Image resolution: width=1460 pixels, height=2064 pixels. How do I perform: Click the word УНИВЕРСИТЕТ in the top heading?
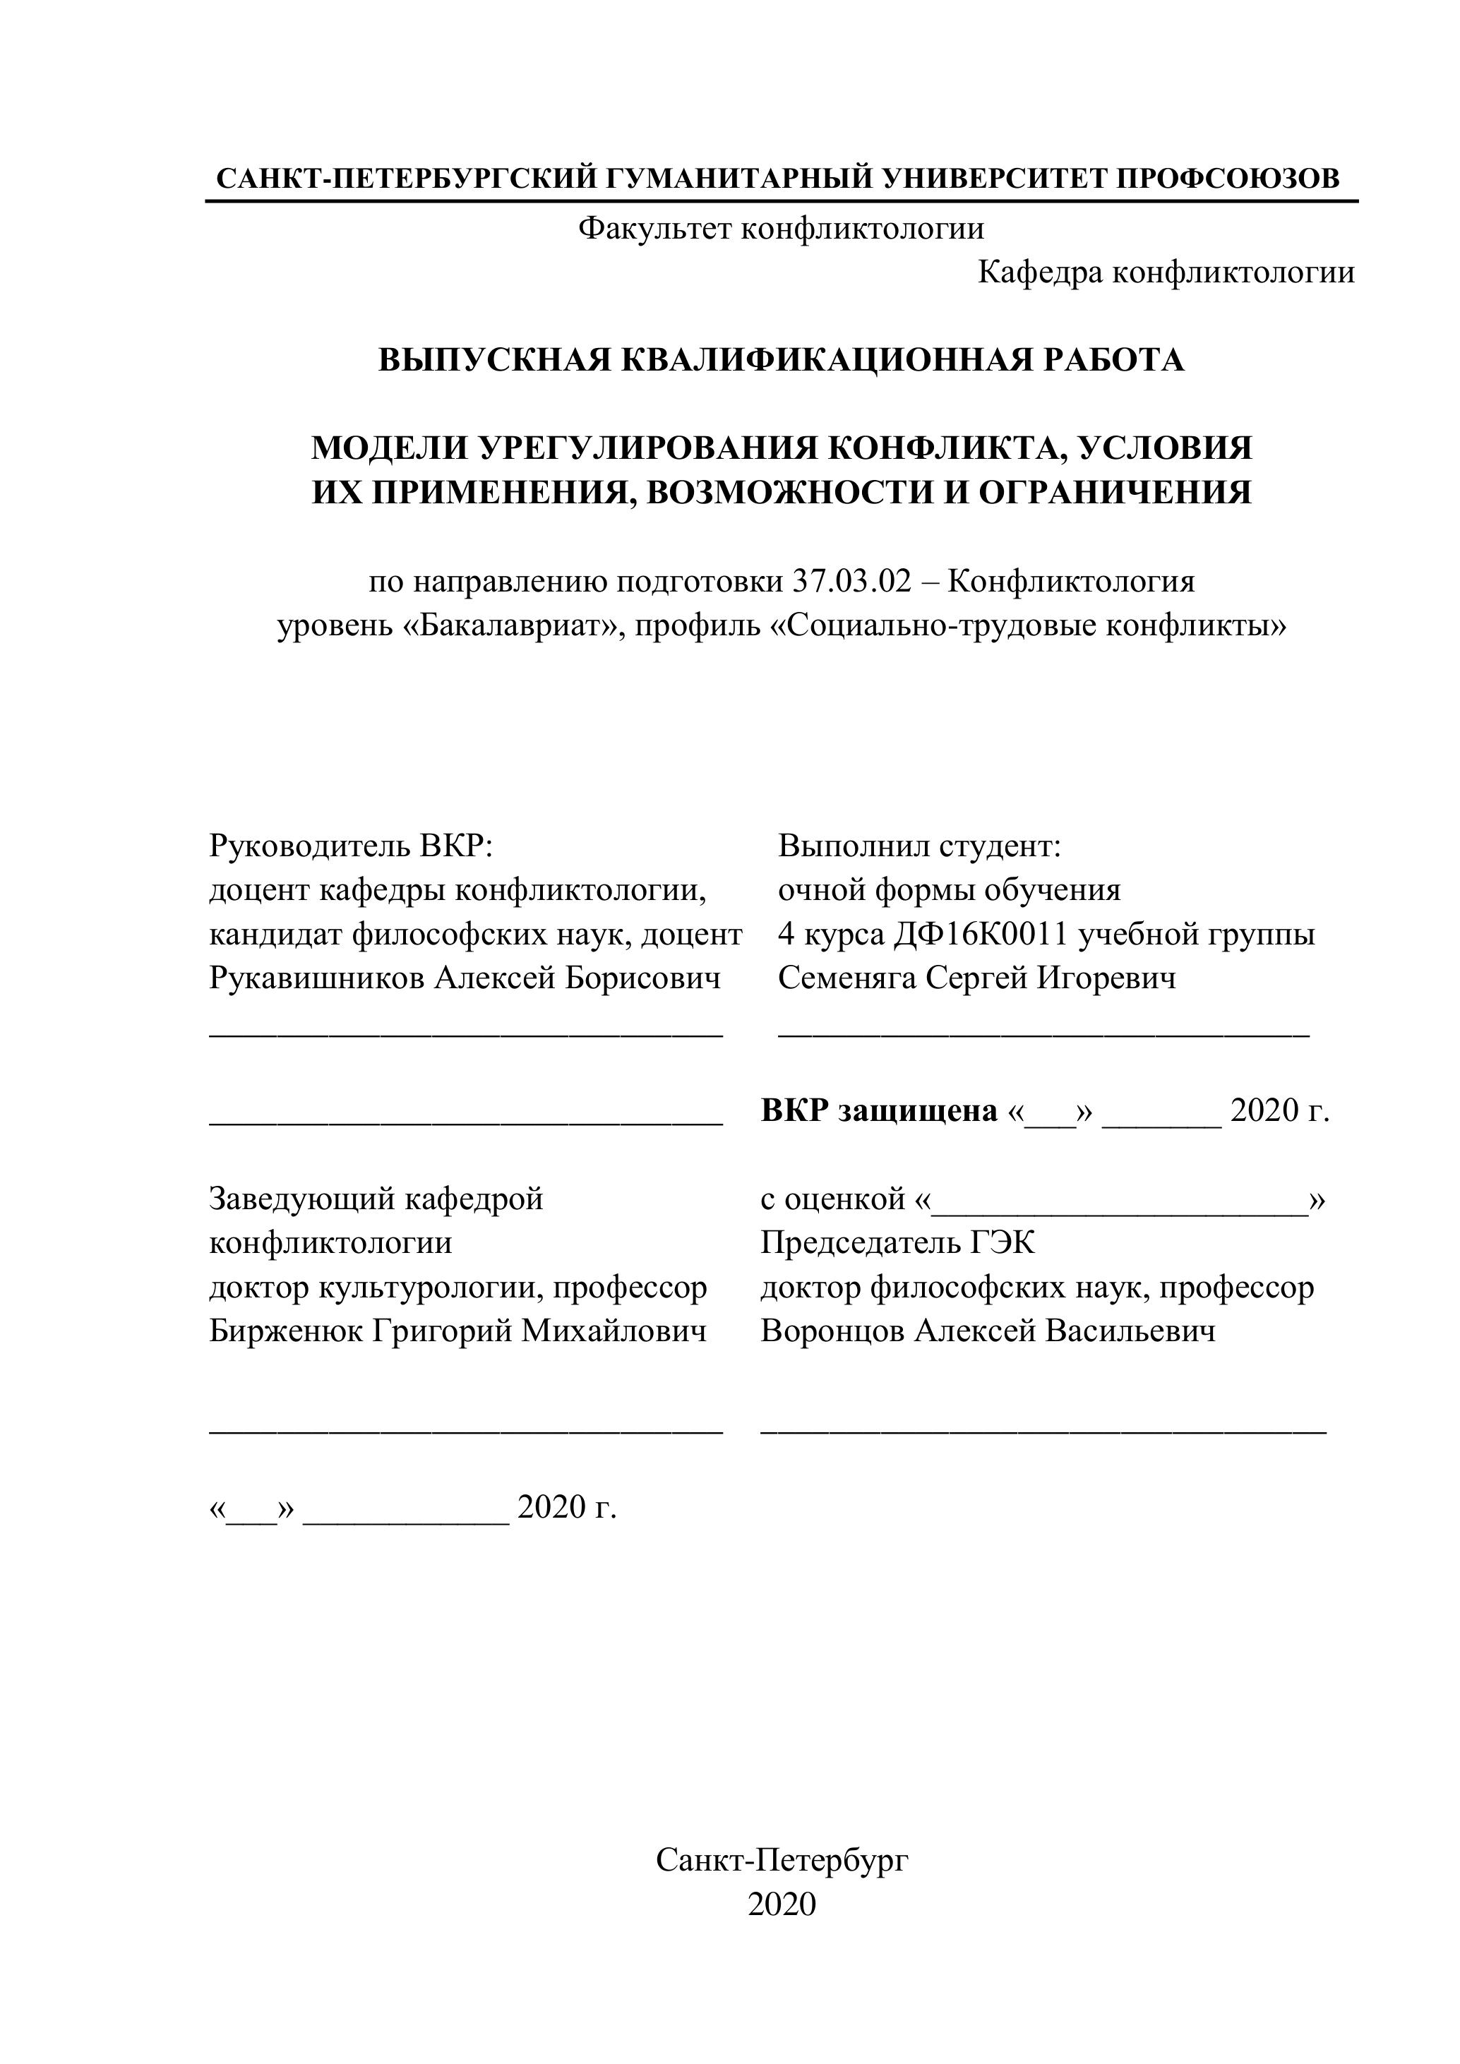(993, 178)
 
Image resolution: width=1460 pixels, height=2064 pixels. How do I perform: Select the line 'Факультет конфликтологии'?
(780, 228)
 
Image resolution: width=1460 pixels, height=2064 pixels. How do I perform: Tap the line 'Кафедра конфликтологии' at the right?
(1165, 272)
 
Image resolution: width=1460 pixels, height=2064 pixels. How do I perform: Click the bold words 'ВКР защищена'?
(878, 1111)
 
